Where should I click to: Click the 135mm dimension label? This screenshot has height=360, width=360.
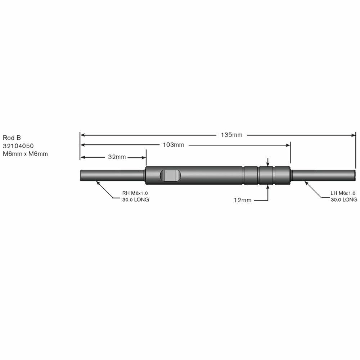click(x=232, y=135)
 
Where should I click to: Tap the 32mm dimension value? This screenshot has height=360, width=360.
click(x=117, y=157)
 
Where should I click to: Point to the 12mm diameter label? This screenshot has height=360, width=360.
click(x=242, y=200)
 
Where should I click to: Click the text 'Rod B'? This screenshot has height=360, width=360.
click(x=12, y=138)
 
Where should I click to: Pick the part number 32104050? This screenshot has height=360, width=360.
click(x=18, y=146)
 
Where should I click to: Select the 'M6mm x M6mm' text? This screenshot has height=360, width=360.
click(x=25, y=154)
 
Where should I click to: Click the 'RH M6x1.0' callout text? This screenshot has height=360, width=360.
click(x=135, y=193)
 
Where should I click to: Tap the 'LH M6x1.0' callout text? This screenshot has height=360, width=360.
click(x=343, y=193)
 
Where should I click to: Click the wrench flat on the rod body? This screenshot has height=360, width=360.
click(x=170, y=175)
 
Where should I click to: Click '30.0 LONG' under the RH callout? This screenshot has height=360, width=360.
click(x=135, y=199)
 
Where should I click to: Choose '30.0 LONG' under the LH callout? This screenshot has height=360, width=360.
click(x=344, y=199)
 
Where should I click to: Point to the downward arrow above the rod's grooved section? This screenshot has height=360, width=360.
click(x=267, y=163)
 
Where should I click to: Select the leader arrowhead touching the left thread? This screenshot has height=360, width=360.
click(x=98, y=182)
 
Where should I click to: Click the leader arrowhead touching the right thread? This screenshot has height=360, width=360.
click(x=306, y=182)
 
